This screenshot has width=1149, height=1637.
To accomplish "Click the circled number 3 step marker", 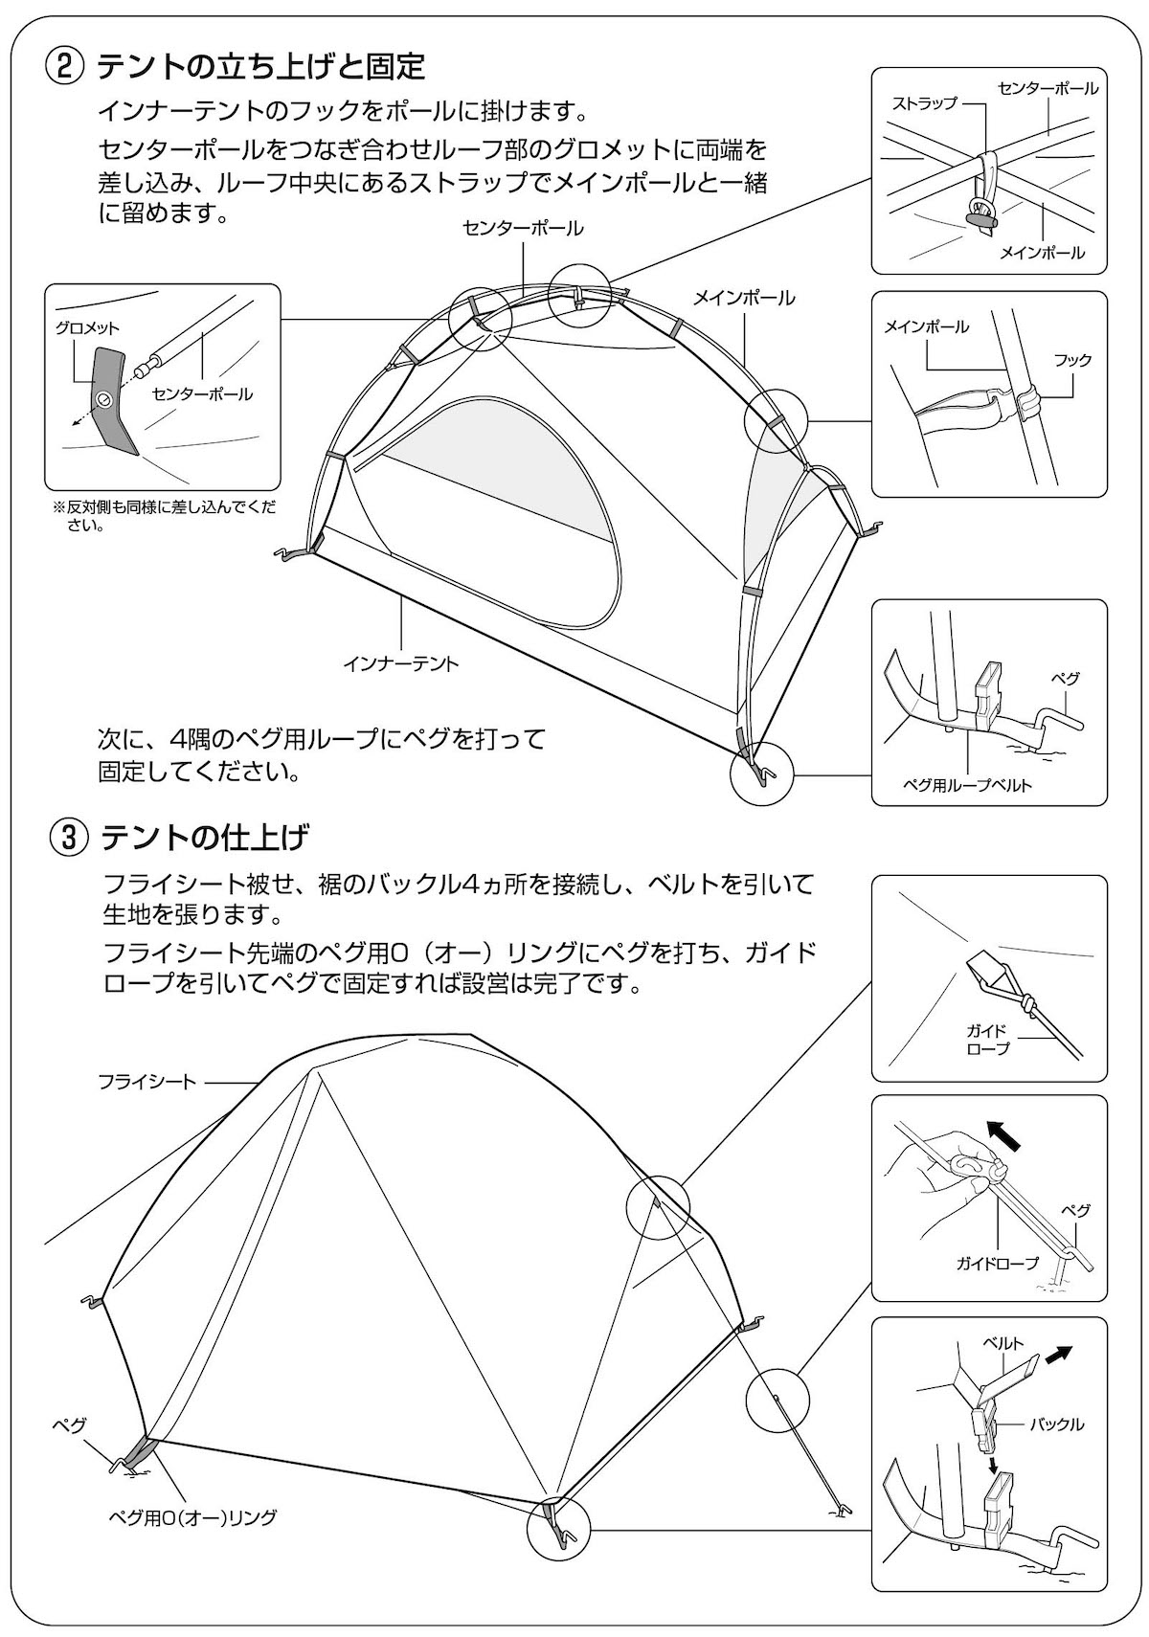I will (68, 838).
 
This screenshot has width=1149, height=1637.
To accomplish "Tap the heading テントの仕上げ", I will (205, 838).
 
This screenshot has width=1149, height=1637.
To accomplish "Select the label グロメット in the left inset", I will (88, 327).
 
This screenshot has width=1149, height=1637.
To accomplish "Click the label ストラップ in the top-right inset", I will (924, 103).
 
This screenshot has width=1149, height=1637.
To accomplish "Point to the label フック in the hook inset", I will (1072, 361).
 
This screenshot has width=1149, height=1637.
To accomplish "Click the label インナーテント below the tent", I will (401, 663).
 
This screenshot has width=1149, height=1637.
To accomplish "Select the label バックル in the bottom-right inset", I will (1056, 1424).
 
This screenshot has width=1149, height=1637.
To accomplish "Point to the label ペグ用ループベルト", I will (968, 785).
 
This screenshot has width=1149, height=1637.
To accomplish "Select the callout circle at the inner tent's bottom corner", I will (762, 774).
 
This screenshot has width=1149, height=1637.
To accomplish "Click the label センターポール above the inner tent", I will (522, 229).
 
